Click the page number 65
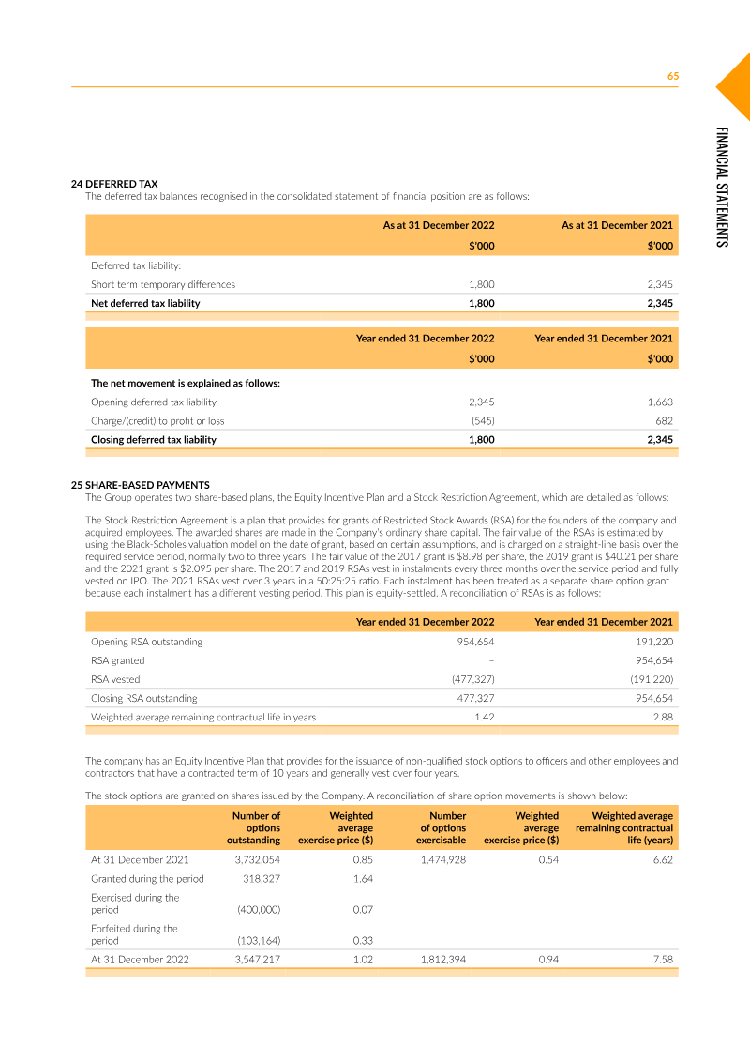click(x=672, y=77)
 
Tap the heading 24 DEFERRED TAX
click(x=114, y=184)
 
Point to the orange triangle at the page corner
click(x=737, y=86)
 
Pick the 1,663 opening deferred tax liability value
click(x=660, y=402)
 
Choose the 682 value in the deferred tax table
click(x=664, y=420)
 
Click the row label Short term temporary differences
click(x=163, y=284)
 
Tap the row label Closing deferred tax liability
click(x=154, y=439)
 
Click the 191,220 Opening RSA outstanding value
click(x=653, y=642)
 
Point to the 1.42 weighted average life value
click(x=484, y=717)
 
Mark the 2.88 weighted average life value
click(x=663, y=717)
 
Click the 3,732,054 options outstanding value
click(x=257, y=859)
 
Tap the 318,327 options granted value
click(x=262, y=878)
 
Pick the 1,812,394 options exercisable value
click(x=442, y=960)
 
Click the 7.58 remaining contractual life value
click(x=663, y=960)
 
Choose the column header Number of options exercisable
click(x=442, y=828)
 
